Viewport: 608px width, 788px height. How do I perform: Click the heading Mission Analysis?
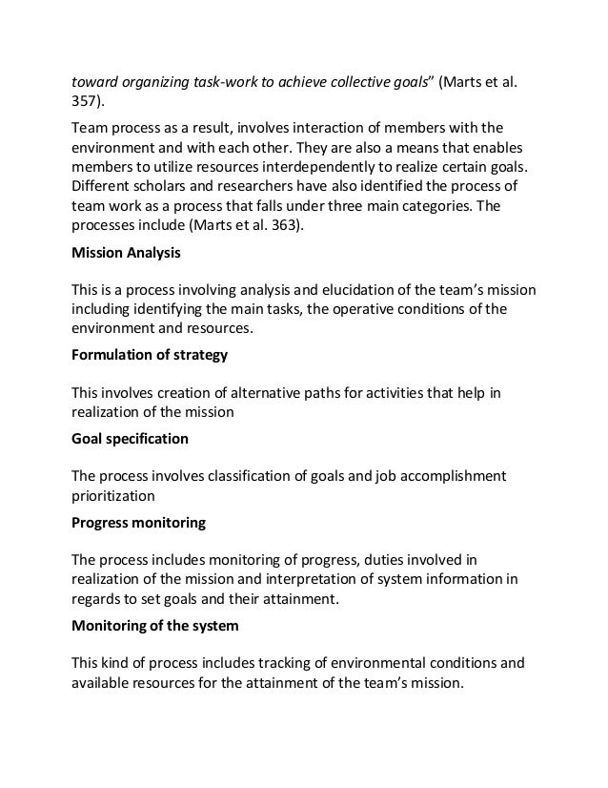pyautogui.click(x=128, y=255)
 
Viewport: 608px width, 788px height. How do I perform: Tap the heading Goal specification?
pyautogui.click(x=130, y=439)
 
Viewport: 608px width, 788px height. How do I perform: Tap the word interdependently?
pyautogui.click(x=309, y=166)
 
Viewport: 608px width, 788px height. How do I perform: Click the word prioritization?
pyautogui.click(x=112, y=495)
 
